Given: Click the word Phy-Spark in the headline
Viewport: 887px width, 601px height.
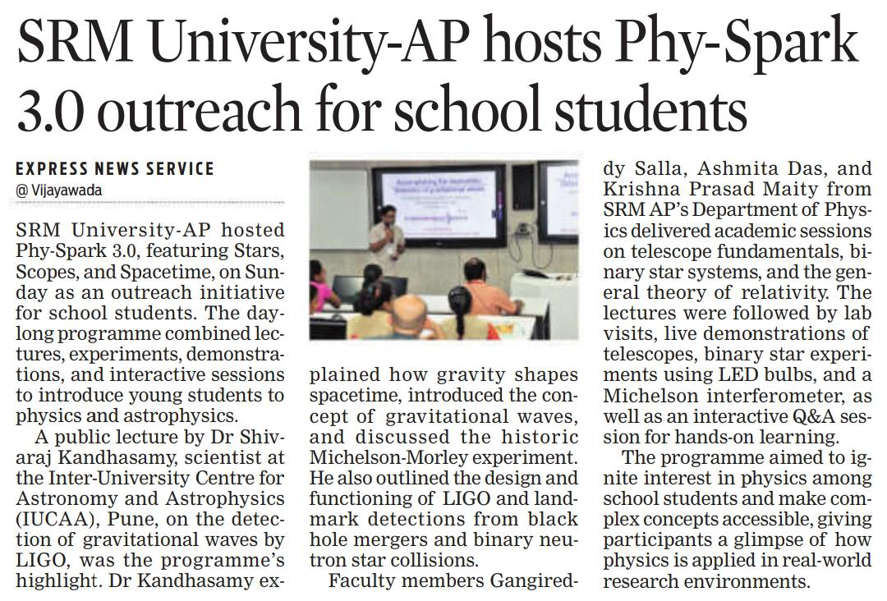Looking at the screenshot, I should [724, 45].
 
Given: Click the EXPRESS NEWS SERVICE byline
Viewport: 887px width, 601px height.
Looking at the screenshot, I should [115, 169].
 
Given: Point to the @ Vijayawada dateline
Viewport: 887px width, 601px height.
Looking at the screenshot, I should [61, 190].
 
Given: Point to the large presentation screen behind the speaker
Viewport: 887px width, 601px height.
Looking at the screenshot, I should [439, 204].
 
